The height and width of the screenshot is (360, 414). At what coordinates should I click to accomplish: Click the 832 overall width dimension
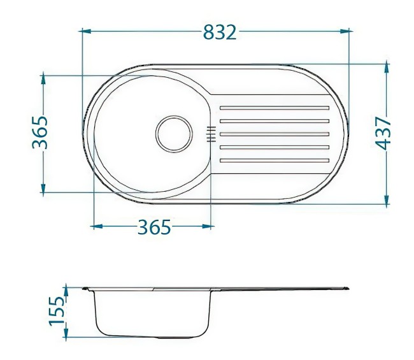pos(220,31)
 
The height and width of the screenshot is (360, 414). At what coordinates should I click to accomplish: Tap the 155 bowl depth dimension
pos(58,310)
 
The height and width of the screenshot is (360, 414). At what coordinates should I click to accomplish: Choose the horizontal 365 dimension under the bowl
pos(154,227)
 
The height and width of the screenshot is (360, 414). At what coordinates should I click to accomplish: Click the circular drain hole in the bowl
pos(174,134)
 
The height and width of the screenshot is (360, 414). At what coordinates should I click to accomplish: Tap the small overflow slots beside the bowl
pos(211,133)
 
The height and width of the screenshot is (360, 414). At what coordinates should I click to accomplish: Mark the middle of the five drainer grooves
pos(274,134)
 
